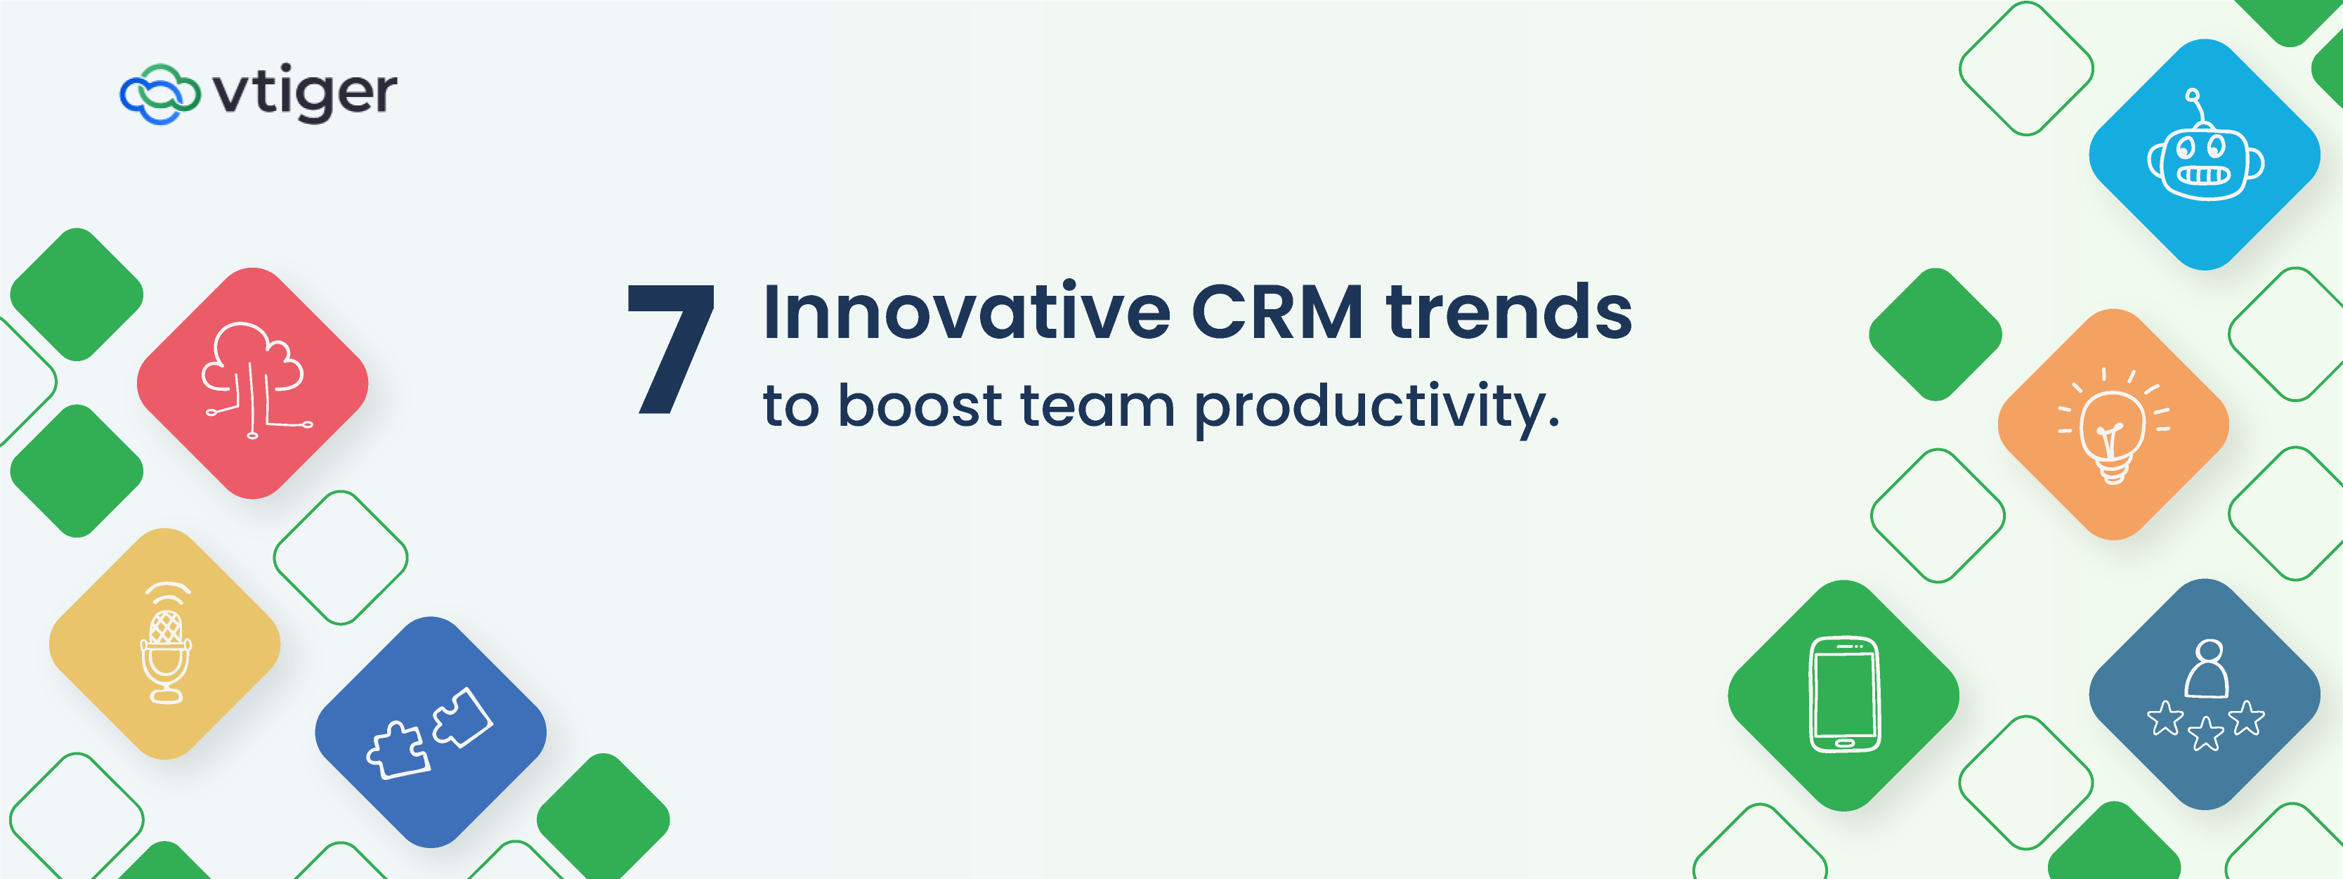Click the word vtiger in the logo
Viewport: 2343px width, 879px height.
[x=305, y=92]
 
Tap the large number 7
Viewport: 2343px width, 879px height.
[x=671, y=349]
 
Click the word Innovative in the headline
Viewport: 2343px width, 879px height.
[x=966, y=312]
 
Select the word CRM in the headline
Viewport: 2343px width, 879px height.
[x=1277, y=312]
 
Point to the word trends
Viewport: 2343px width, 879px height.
[x=1509, y=312]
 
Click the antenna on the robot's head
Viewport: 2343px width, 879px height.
[x=2198, y=108]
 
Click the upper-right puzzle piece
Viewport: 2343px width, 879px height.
[x=462, y=717]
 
